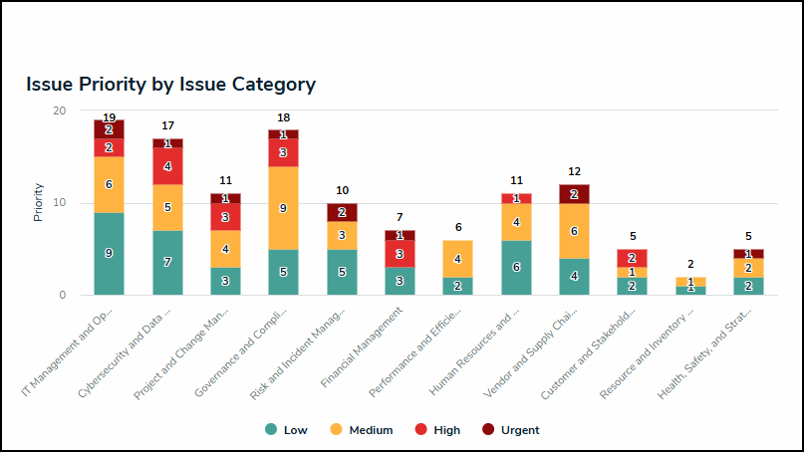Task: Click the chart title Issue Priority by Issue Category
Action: click(170, 85)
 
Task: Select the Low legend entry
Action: click(287, 430)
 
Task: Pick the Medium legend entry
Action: click(361, 430)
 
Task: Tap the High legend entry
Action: click(437, 430)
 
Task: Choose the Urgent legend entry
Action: click(510, 430)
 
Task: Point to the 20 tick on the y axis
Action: click(60, 111)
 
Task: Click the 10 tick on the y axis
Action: click(60, 203)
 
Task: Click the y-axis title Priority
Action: click(38, 202)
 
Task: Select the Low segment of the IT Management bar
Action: click(109, 254)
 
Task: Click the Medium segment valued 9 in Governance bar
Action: click(283, 207)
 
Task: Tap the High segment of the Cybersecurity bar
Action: click(167, 166)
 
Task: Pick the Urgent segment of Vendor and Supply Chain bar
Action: click(574, 194)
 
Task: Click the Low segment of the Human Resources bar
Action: click(516, 268)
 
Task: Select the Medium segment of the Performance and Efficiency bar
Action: click(457, 259)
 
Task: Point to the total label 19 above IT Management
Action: click(109, 117)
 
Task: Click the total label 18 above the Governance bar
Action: click(283, 118)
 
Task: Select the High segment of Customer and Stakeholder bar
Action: click(632, 258)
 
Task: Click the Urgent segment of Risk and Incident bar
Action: click(342, 212)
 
